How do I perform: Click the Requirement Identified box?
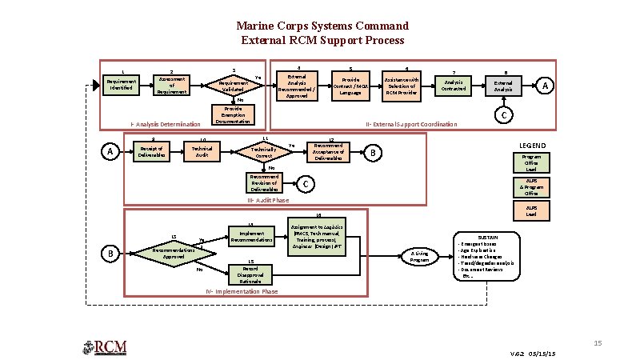(x=122, y=85)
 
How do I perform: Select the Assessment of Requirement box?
(x=172, y=85)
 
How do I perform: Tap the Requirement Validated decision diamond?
(x=234, y=85)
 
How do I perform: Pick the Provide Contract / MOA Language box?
(x=350, y=86)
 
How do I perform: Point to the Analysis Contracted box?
(x=453, y=85)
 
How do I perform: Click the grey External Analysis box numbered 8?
(x=504, y=86)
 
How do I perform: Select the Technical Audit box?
(x=202, y=152)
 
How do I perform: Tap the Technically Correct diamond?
(x=263, y=152)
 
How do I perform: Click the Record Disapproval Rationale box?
(x=249, y=274)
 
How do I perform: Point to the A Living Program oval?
(x=420, y=256)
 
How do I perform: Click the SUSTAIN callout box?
(x=487, y=256)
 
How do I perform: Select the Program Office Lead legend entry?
(x=531, y=162)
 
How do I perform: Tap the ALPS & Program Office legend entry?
(x=531, y=187)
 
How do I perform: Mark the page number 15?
(x=597, y=342)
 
